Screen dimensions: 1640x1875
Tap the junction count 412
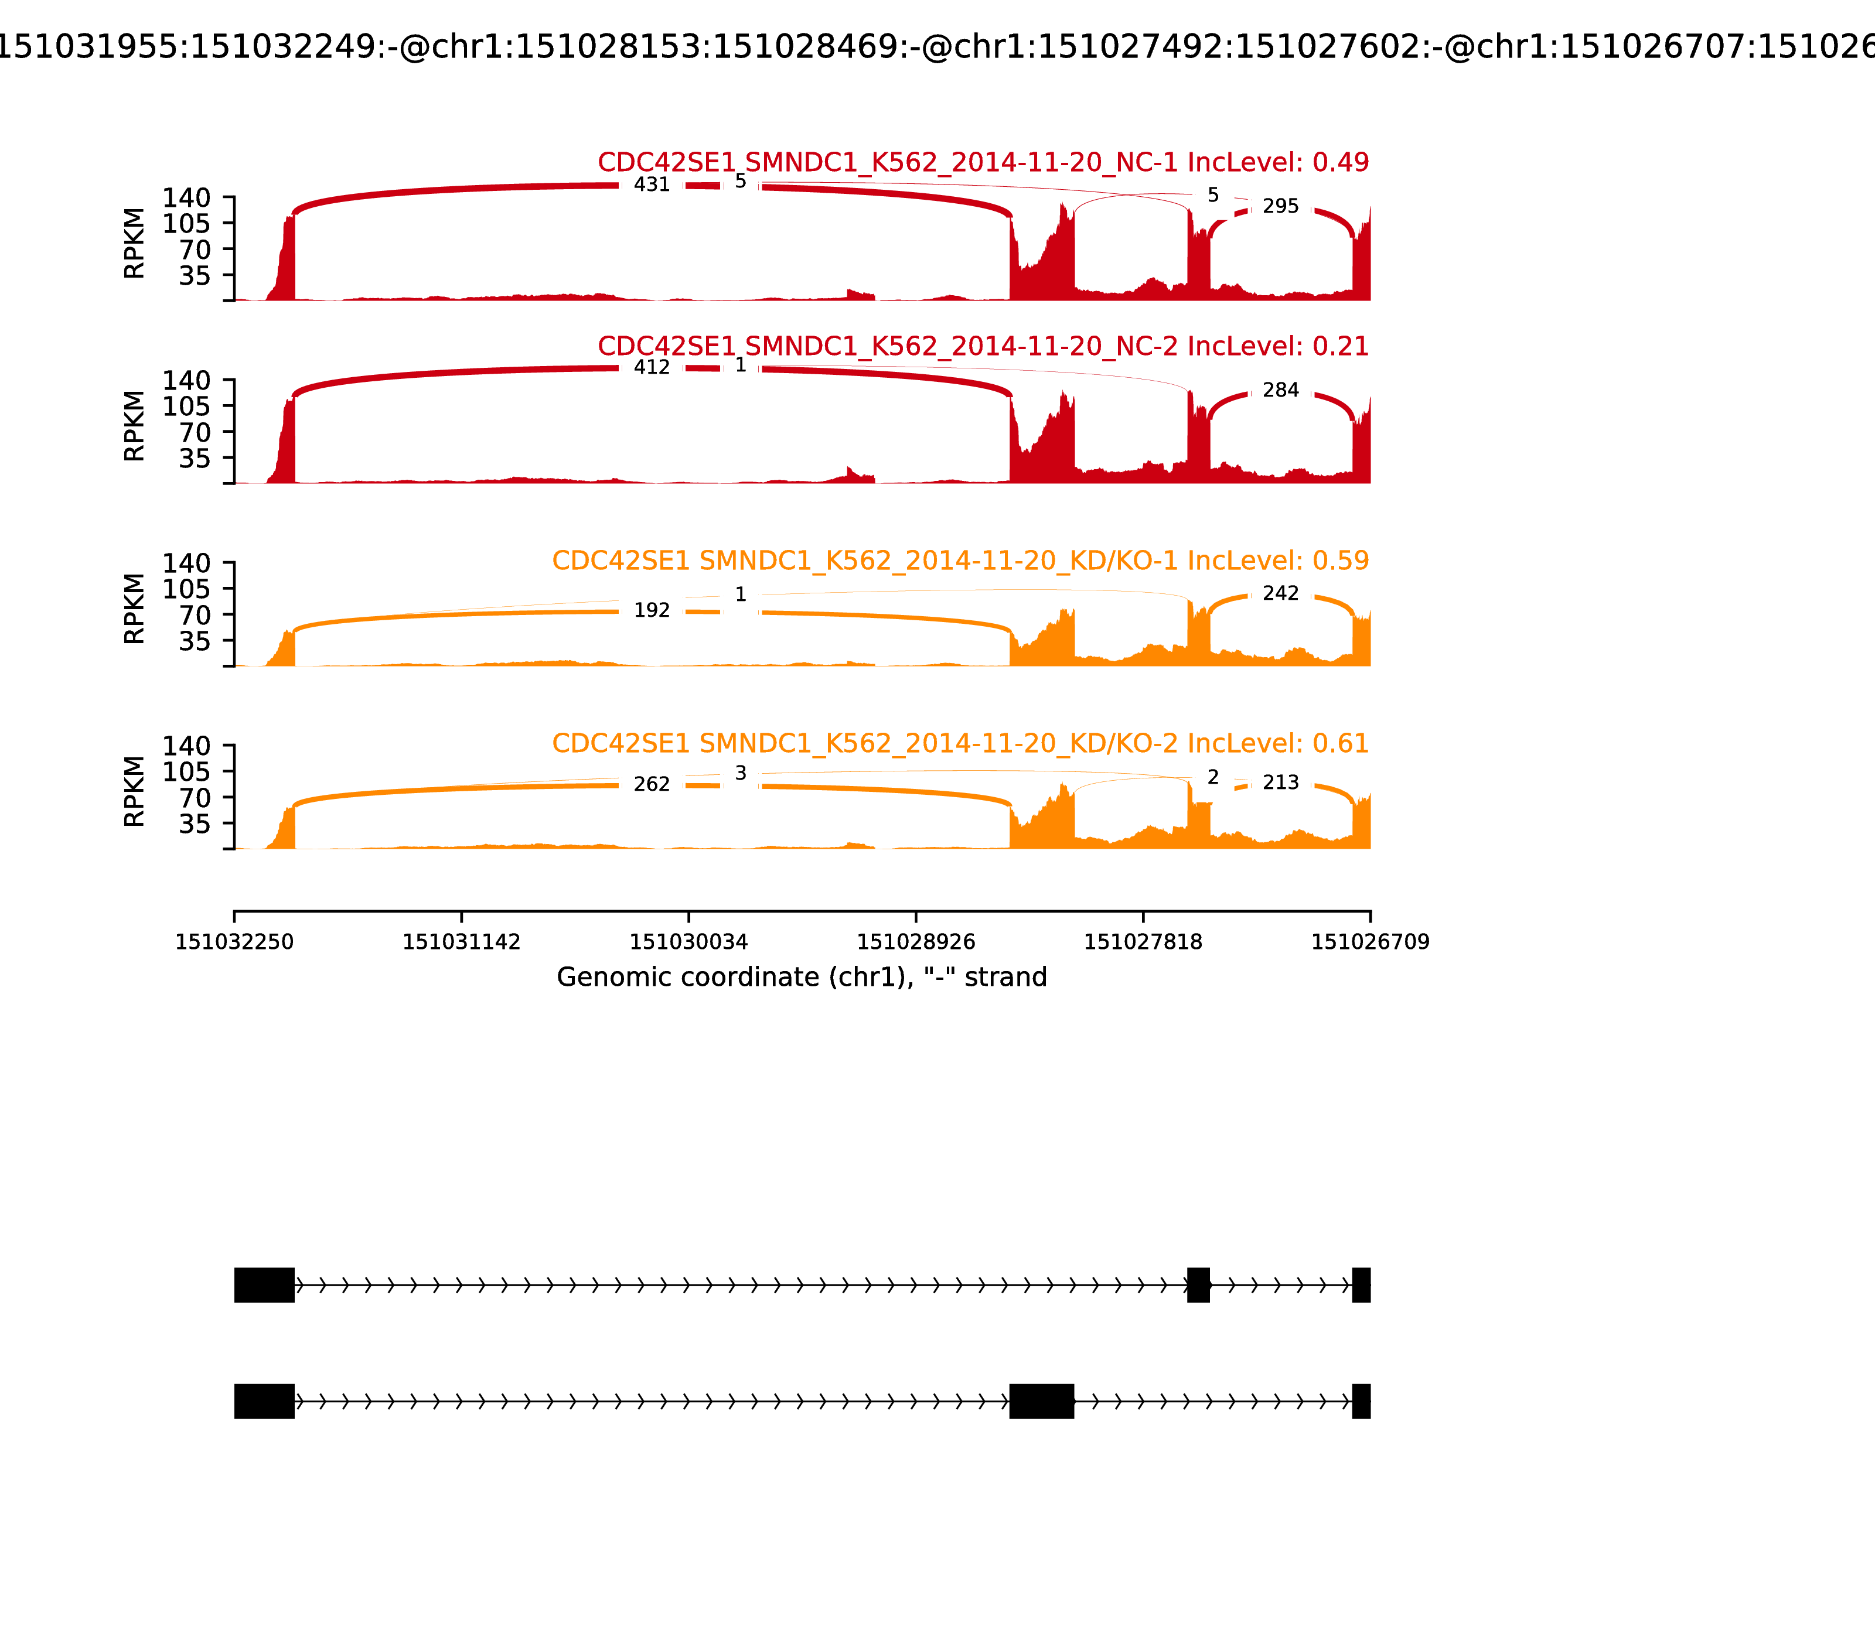652,368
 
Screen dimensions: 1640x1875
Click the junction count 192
652,610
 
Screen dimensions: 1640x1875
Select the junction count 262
652,784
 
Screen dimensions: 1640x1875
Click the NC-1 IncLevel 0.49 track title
983,163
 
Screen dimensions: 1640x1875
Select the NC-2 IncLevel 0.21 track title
983,347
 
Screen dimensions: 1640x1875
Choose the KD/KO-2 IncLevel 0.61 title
960,743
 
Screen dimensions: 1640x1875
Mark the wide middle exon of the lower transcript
1041,1401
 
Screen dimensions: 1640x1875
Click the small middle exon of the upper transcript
1198,1285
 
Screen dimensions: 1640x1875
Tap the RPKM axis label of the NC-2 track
135,426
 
